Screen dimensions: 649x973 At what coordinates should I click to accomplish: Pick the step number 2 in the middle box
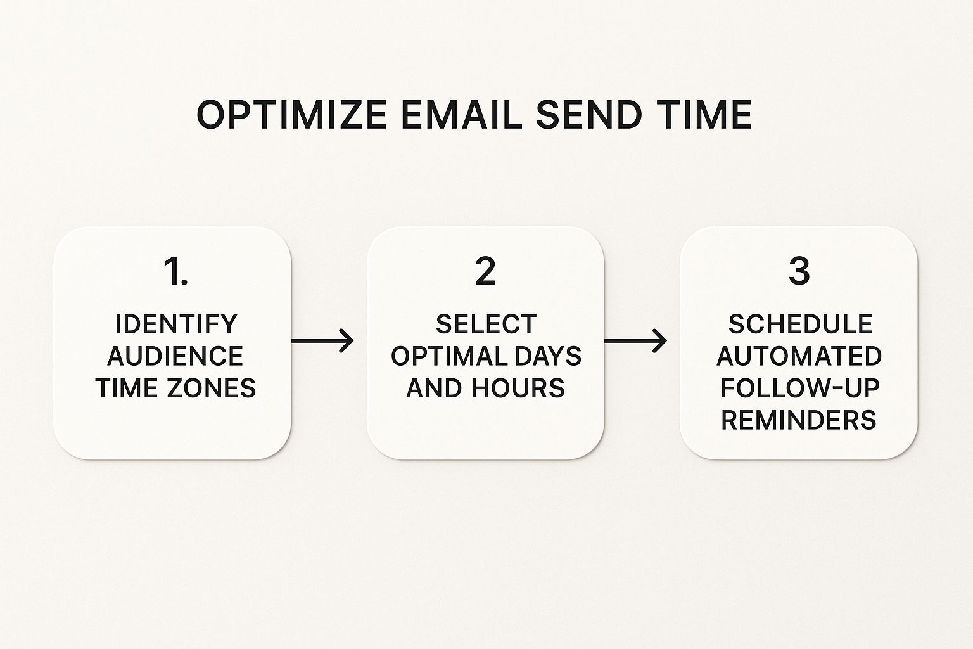pyautogui.click(x=485, y=271)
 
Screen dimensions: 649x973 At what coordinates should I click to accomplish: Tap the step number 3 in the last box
pyautogui.click(x=799, y=271)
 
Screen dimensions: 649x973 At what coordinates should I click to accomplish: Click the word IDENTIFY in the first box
pyautogui.click(x=175, y=324)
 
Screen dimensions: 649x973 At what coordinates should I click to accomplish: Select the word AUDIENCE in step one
pyautogui.click(x=175, y=356)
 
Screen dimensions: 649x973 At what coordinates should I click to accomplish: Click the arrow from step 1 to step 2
pyautogui.click(x=322, y=341)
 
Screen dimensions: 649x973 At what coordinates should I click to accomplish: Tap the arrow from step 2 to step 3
pyautogui.click(x=635, y=341)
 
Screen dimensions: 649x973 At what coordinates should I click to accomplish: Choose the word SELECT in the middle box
pyautogui.click(x=486, y=324)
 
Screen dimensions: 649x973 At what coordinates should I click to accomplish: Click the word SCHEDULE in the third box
pyautogui.click(x=800, y=324)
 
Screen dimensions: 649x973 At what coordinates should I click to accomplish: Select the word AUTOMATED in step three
pyautogui.click(x=799, y=356)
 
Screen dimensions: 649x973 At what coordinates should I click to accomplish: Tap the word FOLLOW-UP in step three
pyautogui.click(x=799, y=388)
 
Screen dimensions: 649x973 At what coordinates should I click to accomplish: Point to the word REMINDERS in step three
pyautogui.click(x=798, y=420)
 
